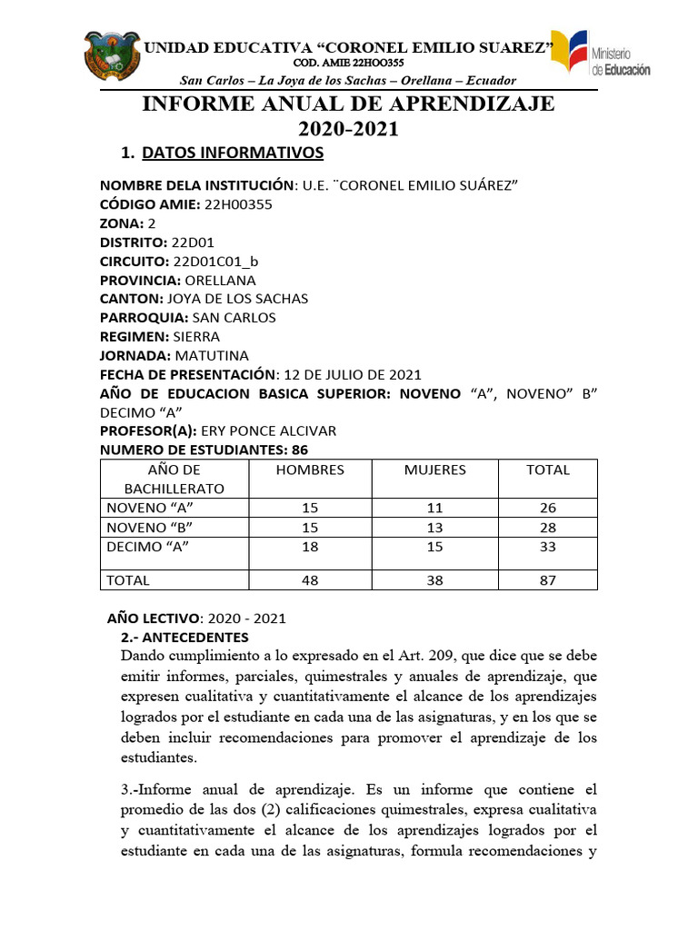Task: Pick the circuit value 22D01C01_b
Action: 214,262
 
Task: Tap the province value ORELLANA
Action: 221,280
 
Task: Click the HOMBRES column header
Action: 310,470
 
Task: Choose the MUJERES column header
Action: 434,470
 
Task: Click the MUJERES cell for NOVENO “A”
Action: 434,508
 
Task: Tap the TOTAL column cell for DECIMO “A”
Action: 548,547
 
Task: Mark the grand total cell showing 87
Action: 548,579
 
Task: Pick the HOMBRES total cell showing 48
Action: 310,579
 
